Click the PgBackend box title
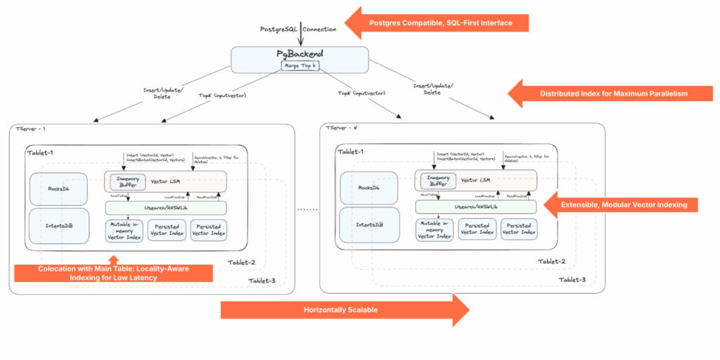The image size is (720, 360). pos(300,53)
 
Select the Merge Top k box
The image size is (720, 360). pos(300,65)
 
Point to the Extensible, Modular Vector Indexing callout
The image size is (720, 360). pos(628,205)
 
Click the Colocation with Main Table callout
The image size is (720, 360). pos(114,273)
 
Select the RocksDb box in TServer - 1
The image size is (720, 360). pos(59,188)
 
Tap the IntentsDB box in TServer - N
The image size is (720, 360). pos(370,226)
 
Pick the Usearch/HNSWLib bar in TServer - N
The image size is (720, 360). pos(476,207)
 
